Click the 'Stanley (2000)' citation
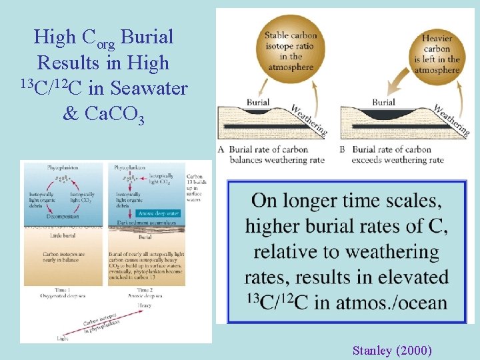pyautogui.click(x=392, y=349)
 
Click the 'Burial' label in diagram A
pyautogui.click(x=258, y=102)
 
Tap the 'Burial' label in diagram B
pyautogui.click(x=383, y=103)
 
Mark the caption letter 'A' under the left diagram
pyautogui.click(x=221, y=149)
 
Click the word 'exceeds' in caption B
pyautogui.click(x=371, y=160)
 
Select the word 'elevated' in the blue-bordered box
pyautogui.click(x=407, y=277)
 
